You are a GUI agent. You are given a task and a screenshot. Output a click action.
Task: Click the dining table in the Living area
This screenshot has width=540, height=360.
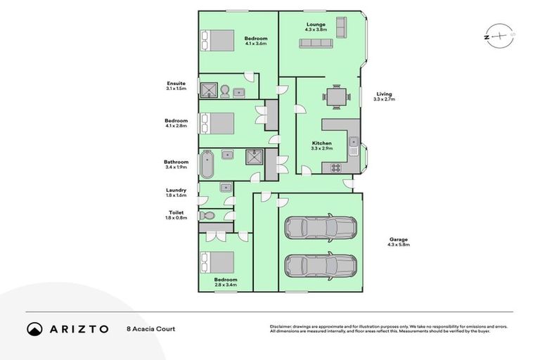[336, 96]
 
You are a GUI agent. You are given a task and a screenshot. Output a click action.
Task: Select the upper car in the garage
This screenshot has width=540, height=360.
[320, 228]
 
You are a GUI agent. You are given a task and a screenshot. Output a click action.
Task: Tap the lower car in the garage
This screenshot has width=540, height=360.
[320, 265]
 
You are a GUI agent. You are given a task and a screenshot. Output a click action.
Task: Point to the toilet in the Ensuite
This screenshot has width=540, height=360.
[223, 91]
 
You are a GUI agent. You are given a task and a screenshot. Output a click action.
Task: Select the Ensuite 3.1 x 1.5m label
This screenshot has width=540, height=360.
[176, 86]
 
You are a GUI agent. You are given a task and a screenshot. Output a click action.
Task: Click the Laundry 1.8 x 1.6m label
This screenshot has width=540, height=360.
[176, 192]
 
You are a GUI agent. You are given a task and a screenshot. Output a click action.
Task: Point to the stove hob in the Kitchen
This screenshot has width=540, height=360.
[335, 167]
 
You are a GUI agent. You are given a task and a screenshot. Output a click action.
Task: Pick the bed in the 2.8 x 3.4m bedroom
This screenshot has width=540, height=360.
[219, 262]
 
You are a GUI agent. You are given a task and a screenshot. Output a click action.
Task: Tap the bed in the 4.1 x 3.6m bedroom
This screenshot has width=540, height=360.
[219, 40]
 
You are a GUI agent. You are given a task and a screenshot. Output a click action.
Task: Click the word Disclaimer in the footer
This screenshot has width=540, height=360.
[281, 326]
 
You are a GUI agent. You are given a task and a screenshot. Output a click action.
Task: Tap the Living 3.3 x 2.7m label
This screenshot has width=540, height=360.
[384, 96]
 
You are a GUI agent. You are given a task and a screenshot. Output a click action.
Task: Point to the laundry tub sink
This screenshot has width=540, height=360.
[225, 187]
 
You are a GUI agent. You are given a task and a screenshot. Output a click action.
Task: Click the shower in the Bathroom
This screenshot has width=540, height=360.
[255, 157]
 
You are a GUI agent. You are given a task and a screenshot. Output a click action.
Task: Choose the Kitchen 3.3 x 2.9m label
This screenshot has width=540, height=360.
[322, 146]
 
